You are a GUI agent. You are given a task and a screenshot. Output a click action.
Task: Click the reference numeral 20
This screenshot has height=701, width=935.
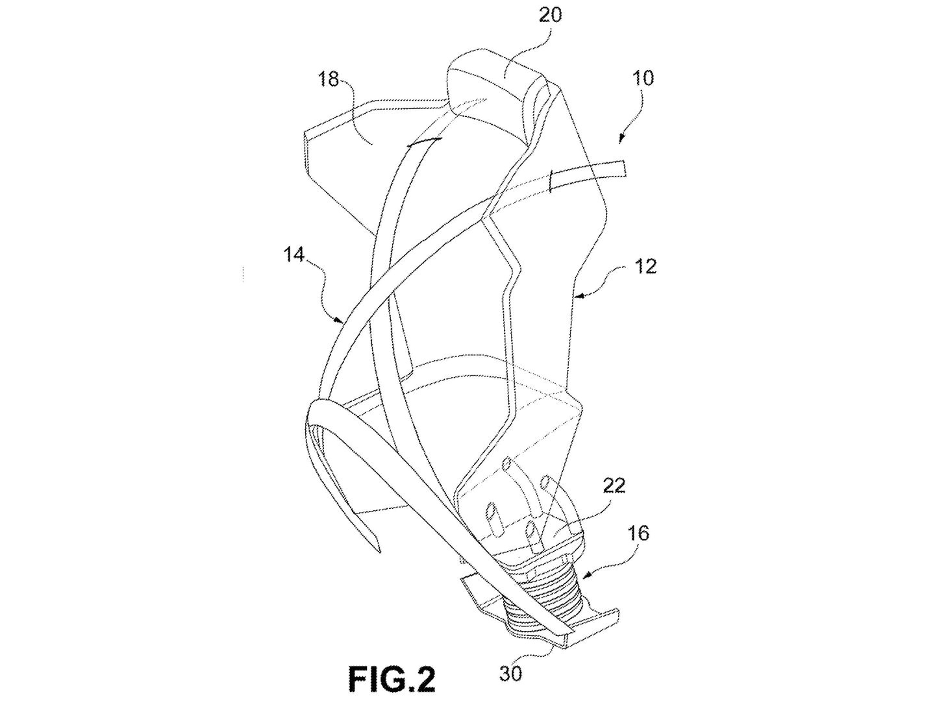point(550,15)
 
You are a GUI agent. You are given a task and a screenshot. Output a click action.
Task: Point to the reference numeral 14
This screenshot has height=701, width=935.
point(293,255)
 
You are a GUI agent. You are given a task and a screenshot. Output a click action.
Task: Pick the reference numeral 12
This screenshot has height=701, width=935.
point(645,266)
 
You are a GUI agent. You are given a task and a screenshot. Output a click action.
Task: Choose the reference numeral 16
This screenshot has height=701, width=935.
point(639,534)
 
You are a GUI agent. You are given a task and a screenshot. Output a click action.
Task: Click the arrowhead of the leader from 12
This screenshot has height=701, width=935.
point(578,297)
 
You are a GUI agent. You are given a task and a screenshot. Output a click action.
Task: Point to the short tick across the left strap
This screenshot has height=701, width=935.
point(423,142)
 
